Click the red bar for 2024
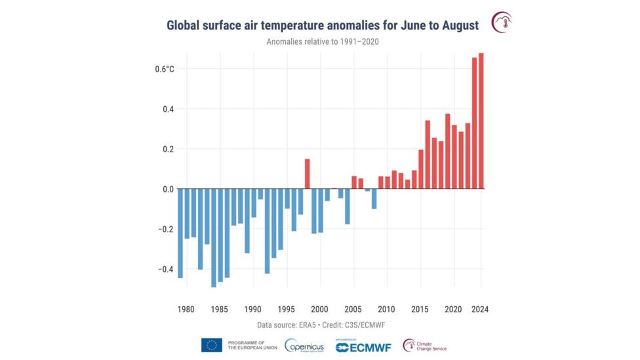click(x=481, y=121)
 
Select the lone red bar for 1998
click(x=307, y=174)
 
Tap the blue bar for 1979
click(x=180, y=233)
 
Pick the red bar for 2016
click(x=428, y=155)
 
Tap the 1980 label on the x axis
click(x=186, y=310)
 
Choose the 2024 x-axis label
click(x=479, y=310)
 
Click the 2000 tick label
click(x=320, y=310)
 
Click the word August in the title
click(x=458, y=26)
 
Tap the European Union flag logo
click(x=212, y=345)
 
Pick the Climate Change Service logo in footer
click(x=424, y=346)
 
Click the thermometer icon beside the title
click(x=502, y=22)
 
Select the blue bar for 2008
click(x=374, y=199)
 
